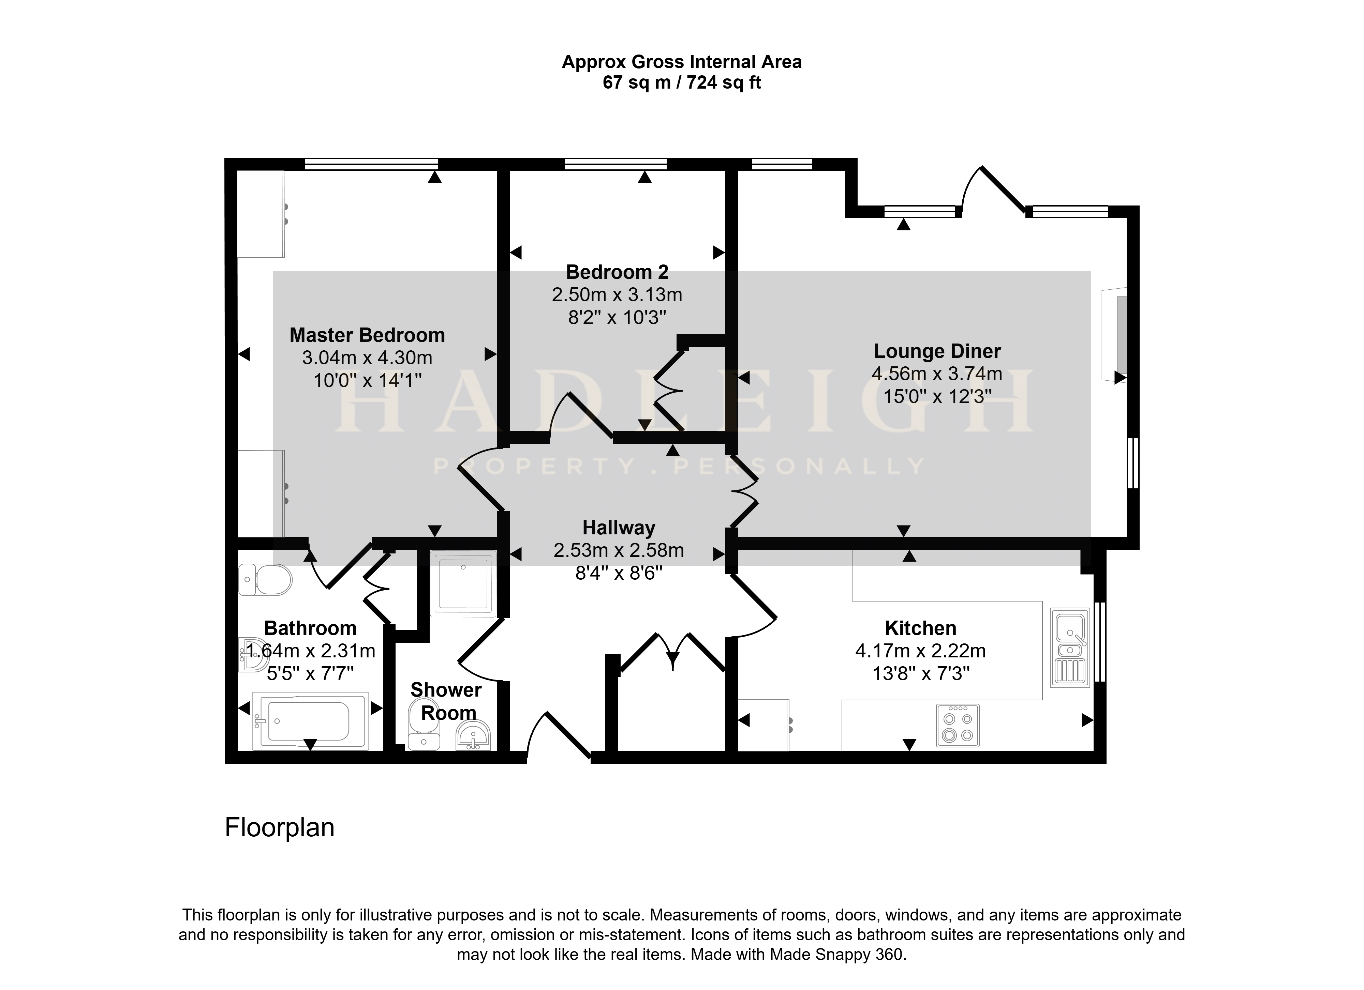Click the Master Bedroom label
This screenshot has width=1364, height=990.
pos(367,335)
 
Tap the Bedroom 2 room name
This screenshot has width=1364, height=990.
pos(617,272)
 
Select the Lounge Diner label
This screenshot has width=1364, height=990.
pos(937,351)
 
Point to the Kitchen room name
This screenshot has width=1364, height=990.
pos(920,628)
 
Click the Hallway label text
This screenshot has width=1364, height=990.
pos(619,528)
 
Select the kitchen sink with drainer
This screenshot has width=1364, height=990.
pos(1070,648)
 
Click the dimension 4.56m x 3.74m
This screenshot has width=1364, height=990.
pos(937,374)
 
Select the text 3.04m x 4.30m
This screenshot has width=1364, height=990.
pos(367,357)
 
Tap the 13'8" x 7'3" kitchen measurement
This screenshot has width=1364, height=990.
pos(921,674)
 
